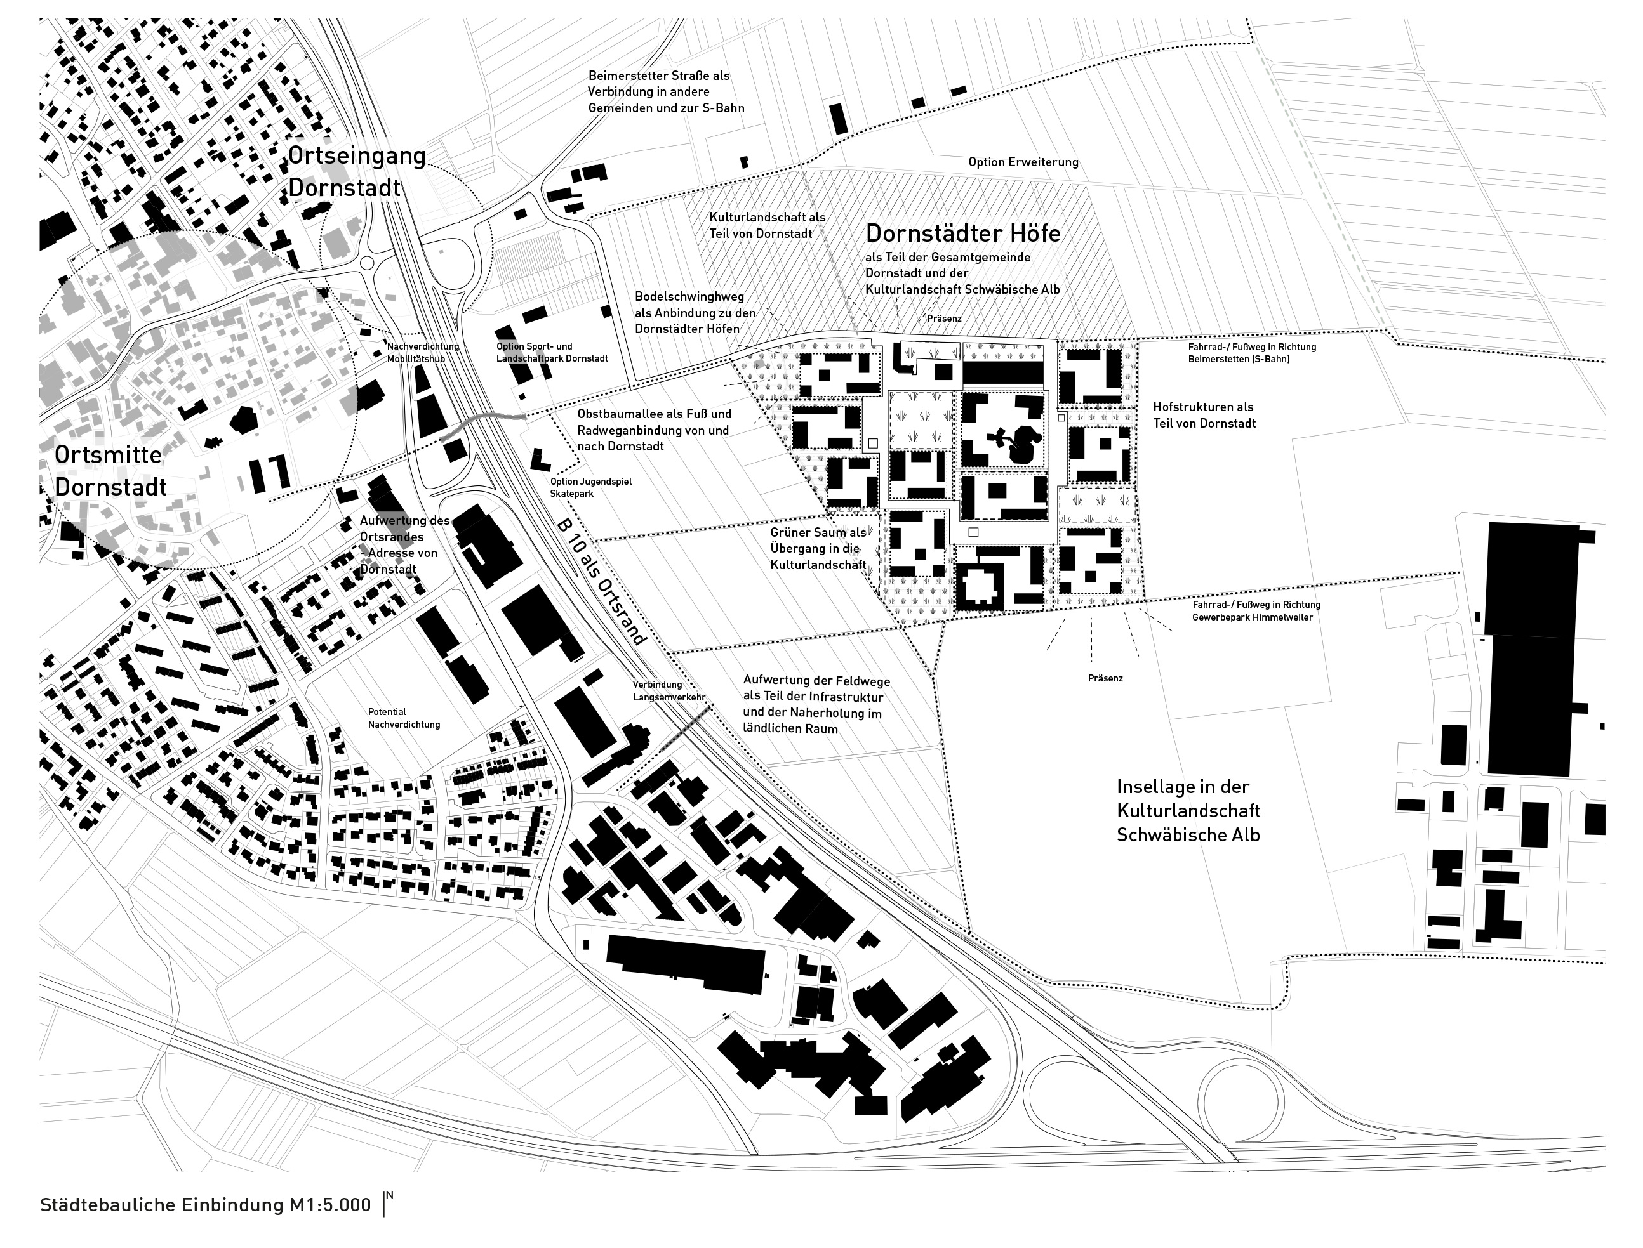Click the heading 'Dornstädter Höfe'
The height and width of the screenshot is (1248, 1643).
tap(963, 233)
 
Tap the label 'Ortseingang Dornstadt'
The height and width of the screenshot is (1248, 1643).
tap(356, 171)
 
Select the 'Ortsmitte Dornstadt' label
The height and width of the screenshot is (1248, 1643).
tap(110, 471)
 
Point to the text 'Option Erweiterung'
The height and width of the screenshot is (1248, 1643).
tap(1023, 162)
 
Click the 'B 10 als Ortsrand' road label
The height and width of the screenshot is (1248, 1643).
tap(601, 582)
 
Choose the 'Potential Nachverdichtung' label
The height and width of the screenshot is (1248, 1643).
tap(404, 718)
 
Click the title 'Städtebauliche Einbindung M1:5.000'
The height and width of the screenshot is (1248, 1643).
tap(205, 1205)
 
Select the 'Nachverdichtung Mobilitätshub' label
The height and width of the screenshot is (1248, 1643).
tap(423, 352)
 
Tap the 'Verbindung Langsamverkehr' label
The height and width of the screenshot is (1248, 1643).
tap(668, 691)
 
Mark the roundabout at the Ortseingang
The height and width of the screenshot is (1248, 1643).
tap(367, 263)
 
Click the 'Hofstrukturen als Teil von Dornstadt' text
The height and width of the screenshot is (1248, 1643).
tap(1204, 415)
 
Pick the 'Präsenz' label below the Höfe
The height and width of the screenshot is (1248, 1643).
tap(1105, 678)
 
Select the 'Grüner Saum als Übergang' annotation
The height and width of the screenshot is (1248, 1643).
tap(818, 548)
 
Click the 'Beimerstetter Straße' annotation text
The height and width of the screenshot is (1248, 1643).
tap(666, 91)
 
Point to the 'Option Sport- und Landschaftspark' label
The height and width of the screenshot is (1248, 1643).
tap(552, 352)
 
